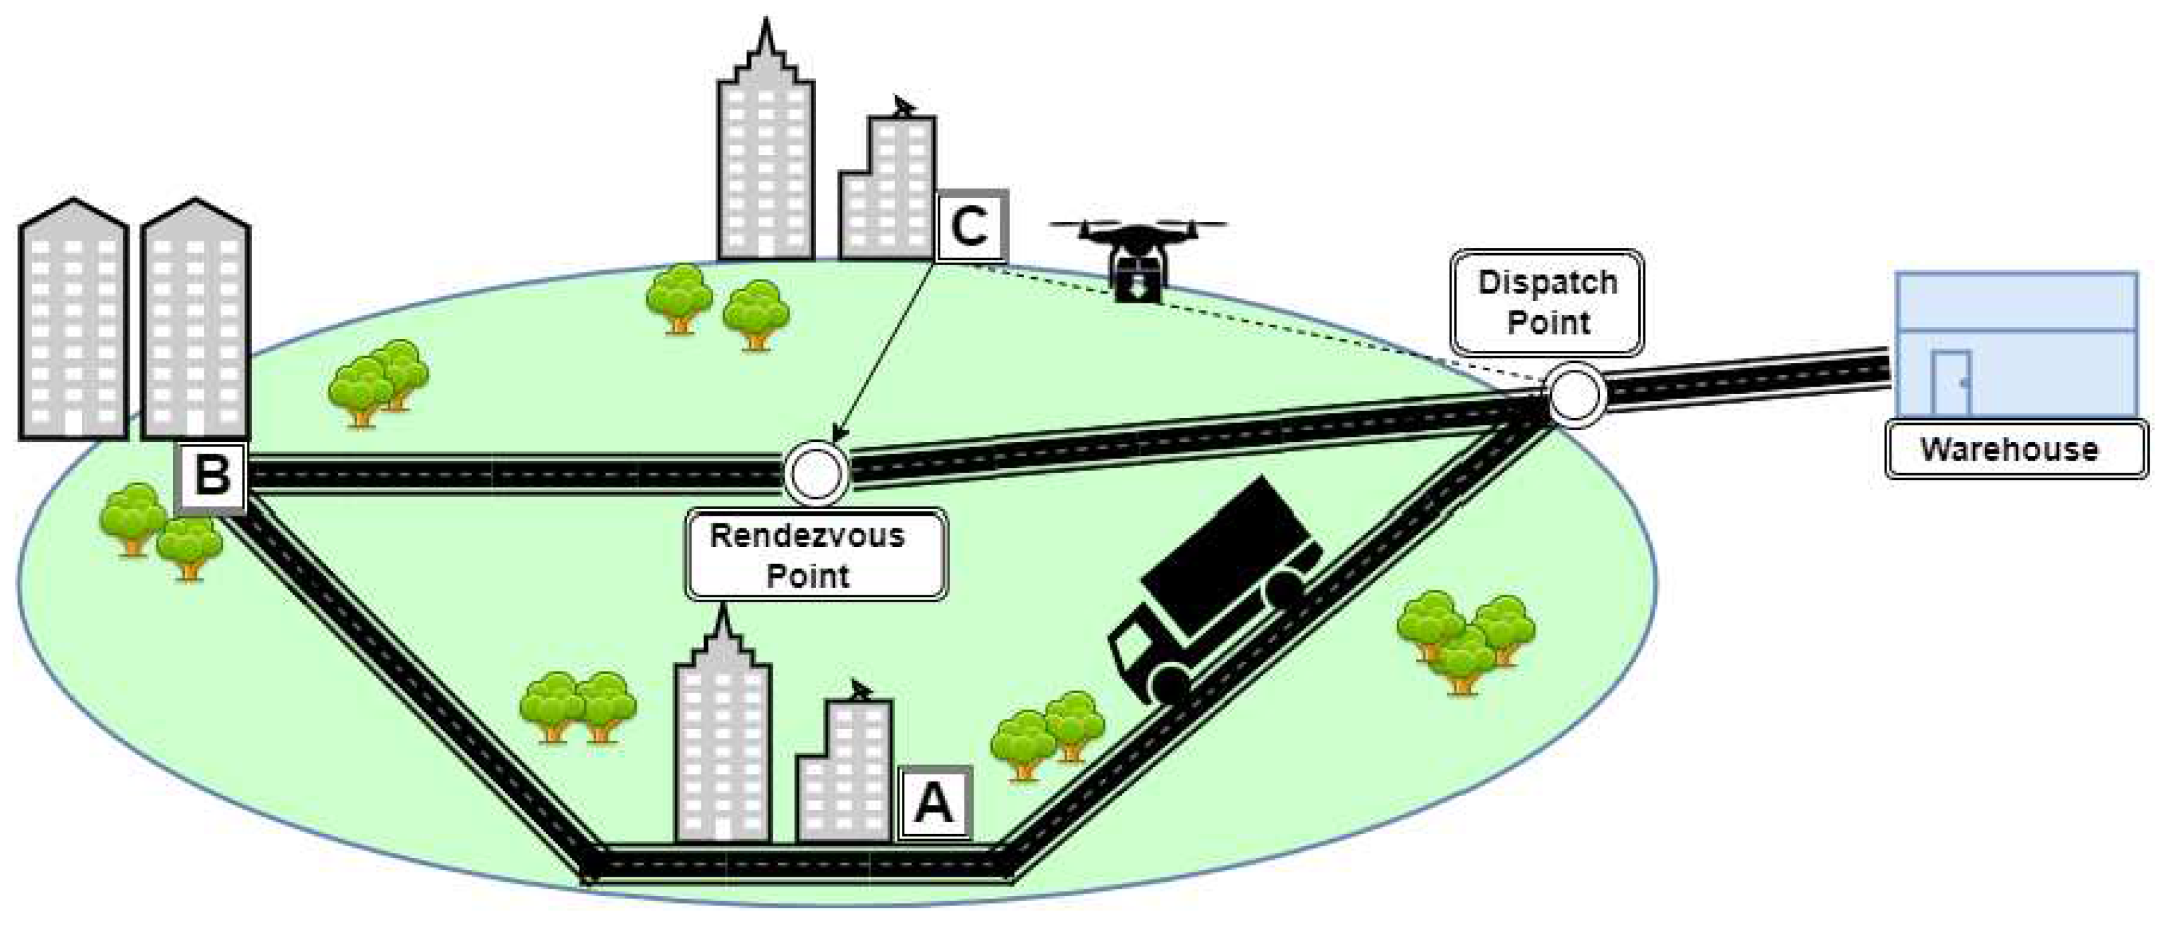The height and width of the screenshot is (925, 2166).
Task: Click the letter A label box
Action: [935, 802]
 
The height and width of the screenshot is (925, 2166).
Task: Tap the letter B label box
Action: [212, 475]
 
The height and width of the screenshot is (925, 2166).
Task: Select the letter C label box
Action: [970, 226]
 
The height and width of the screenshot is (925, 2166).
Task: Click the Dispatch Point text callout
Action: [1547, 303]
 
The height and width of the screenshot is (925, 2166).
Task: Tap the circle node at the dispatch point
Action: [1574, 394]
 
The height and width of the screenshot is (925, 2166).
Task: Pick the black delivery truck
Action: [1219, 588]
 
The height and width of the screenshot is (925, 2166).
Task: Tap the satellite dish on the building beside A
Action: [859, 691]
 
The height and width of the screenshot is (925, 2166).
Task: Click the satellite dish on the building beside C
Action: [903, 108]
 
